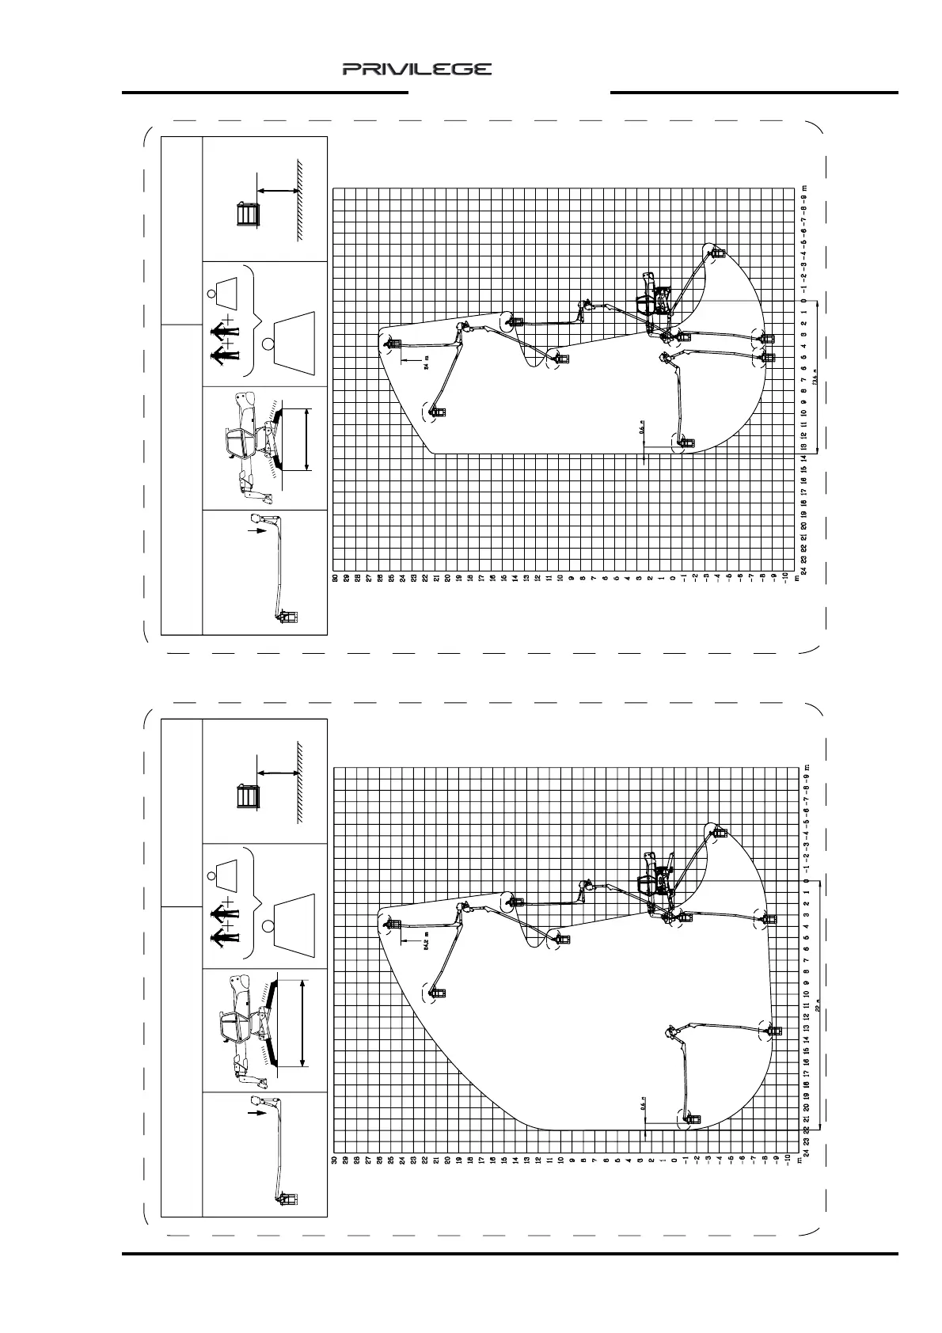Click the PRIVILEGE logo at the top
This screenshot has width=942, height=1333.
[x=417, y=70]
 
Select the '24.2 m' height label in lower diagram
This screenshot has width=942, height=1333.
[x=427, y=944]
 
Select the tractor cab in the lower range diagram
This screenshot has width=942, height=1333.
[x=651, y=880]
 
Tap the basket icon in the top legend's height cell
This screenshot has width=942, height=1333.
[x=248, y=215]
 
